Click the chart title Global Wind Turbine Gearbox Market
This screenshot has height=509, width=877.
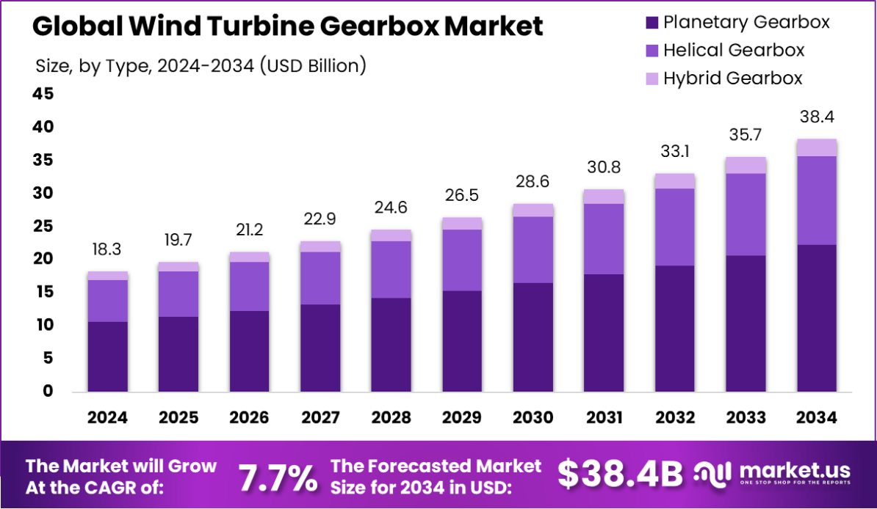coord(288,27)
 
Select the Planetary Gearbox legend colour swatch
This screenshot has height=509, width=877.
coord(651,23)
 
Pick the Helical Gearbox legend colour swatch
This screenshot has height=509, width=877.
coord(651,51)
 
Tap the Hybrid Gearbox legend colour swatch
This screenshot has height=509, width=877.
coord(651,78)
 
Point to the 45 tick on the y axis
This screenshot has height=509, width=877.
coord(43,94)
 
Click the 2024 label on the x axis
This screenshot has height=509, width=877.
coord(107,418)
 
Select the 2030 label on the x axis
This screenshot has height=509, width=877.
coord(533,418)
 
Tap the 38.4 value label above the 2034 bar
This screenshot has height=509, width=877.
coord(817,117)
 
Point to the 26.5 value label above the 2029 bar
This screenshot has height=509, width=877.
coord(462,197)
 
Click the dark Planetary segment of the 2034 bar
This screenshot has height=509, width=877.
coord(817,318)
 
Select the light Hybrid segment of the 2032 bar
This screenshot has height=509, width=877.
coord(675,181)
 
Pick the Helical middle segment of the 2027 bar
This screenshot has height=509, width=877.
coord(320,278)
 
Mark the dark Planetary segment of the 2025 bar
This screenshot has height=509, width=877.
coord(178,354)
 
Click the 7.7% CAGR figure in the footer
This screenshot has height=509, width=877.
coord(278,477)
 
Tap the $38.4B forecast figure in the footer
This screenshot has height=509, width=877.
coord(620,475)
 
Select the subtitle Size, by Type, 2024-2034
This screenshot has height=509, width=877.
coord(201,66)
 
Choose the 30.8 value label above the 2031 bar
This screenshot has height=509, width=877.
coord(604,168)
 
